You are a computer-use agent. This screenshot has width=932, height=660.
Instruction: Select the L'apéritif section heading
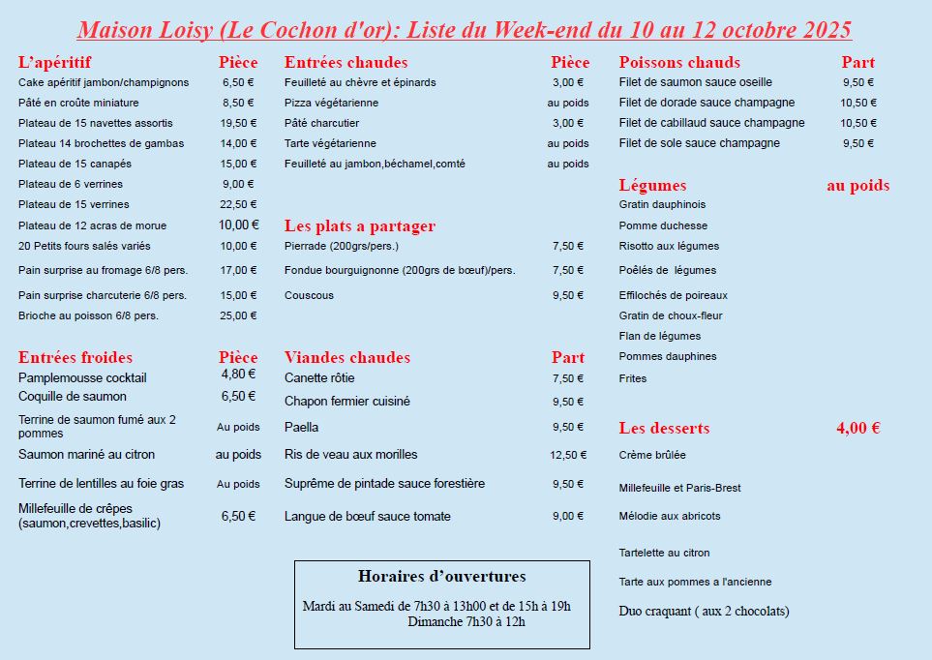55,63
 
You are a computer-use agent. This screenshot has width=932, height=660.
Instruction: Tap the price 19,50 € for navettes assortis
238,123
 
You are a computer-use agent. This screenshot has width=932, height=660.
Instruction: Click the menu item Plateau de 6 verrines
71,184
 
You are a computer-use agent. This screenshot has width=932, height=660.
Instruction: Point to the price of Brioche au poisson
238,315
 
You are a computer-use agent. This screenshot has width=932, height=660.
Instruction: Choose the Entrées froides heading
75,358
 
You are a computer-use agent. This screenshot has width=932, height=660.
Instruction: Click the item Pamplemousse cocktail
82,377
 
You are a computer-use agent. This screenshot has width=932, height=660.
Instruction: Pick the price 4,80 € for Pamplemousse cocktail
238,374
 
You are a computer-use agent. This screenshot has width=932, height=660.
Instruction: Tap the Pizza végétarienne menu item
331,103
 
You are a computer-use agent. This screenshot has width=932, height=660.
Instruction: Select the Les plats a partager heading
360,226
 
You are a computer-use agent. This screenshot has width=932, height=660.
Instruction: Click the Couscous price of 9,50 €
568,296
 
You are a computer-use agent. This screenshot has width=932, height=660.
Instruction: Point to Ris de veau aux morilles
351,455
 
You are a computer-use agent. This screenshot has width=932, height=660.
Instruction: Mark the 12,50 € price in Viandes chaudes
568,455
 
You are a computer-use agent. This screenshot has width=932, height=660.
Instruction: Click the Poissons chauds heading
679,63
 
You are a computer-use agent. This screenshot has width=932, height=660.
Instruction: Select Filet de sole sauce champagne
699,143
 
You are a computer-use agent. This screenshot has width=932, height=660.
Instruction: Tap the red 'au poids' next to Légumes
857,186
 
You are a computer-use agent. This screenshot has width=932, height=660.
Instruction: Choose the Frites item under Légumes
633,378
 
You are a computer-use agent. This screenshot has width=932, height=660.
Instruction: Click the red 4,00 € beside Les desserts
857,428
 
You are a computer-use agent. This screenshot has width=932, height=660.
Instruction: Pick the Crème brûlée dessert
652,455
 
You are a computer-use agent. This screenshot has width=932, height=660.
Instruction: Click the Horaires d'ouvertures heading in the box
442,577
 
